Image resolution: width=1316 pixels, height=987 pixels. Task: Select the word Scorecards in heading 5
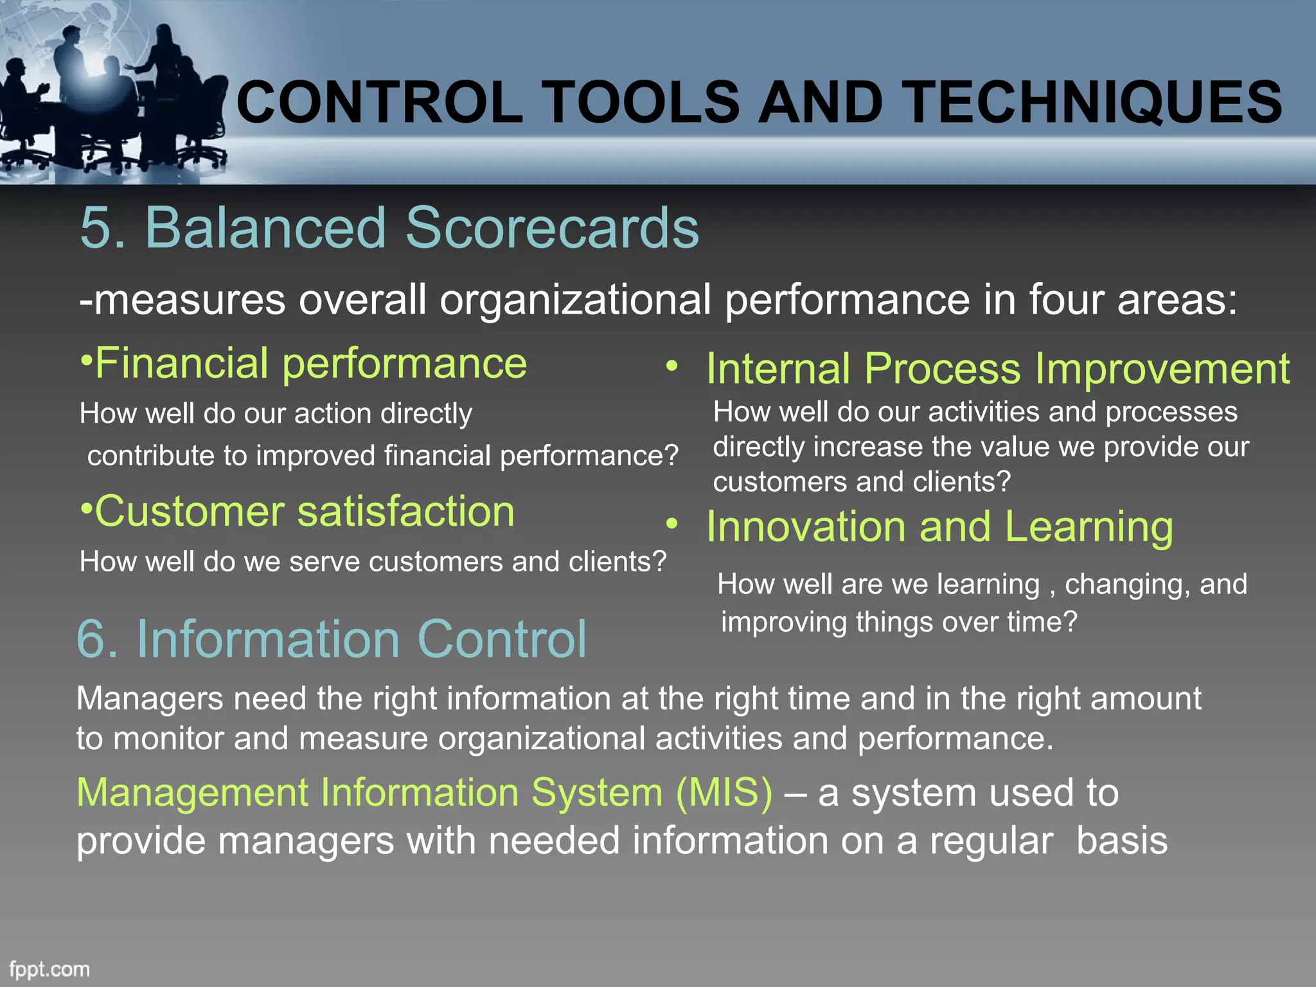(x=552, y=227)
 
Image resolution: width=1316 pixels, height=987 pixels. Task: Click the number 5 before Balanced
(x=96, y=227)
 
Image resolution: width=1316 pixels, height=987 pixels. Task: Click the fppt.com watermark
(x=49, y=969)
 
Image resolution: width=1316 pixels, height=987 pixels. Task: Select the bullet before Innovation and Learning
(x=671, y=524)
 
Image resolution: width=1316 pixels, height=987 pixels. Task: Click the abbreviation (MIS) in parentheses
(x=724, y=792)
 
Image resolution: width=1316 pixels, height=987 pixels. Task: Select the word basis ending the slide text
(x=1121, y=841)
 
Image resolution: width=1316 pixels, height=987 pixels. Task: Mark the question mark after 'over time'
(x=1070, y=622)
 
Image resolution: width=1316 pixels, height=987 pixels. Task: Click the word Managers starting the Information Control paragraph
(x=150, y=698)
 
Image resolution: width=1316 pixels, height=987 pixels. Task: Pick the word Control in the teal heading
(x=502, y=639)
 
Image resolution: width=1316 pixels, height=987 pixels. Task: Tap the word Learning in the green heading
(x=1089, y=527)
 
